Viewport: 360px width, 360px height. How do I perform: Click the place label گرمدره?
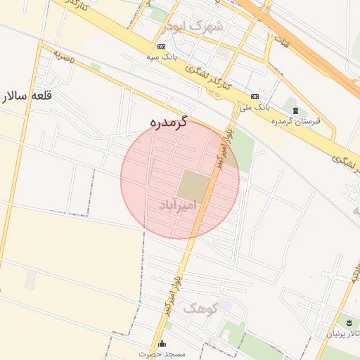coord(169,122)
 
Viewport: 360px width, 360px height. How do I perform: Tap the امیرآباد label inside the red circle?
coord(176,205)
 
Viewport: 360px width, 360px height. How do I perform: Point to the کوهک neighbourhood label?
coord(200,308)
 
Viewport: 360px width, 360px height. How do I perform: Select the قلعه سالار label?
coord(29,96)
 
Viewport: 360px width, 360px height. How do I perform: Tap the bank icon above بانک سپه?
coord(162,46)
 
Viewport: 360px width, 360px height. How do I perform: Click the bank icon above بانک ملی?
coord(254,96)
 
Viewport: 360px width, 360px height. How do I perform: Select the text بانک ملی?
coord(255,107)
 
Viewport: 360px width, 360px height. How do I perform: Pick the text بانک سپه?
coord(161,57)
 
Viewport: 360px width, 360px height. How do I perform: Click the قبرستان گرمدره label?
coord(296,121)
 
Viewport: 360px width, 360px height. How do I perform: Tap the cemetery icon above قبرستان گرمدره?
coord(295,110)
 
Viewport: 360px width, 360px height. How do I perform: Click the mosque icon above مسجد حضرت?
coord(162,343)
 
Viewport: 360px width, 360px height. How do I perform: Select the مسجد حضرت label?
coord(162,354)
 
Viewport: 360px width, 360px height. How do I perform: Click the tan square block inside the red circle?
coord(193,187)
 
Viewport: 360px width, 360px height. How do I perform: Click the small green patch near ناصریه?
coord(96,67)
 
